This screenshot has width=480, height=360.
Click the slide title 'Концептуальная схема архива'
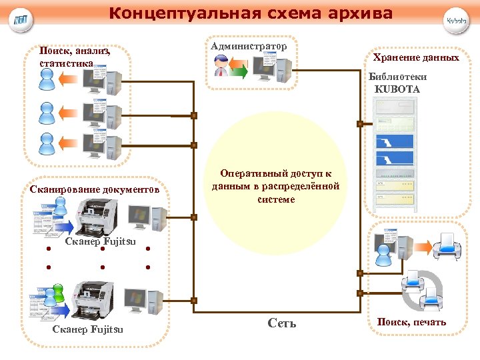coord(251,13)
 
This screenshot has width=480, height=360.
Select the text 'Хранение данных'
coord(416,58)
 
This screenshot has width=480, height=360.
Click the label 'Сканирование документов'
coord(95,189)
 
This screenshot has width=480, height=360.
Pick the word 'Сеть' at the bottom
coord(281,323)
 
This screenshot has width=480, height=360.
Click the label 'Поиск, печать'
coord(411,323)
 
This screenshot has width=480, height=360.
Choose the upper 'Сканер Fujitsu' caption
coord(101,241)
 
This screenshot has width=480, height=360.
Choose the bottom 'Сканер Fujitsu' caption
coord(87,329)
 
